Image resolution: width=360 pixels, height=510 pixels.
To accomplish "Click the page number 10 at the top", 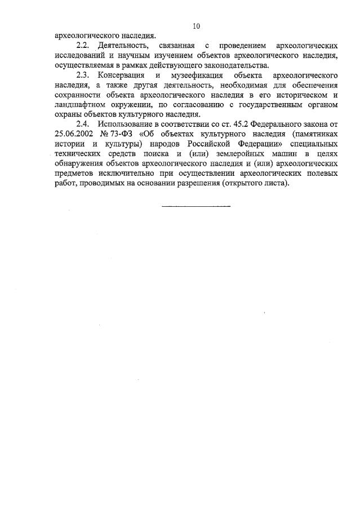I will (x=196, y=26).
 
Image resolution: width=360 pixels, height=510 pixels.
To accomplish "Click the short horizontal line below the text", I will (x=196, y=206).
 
